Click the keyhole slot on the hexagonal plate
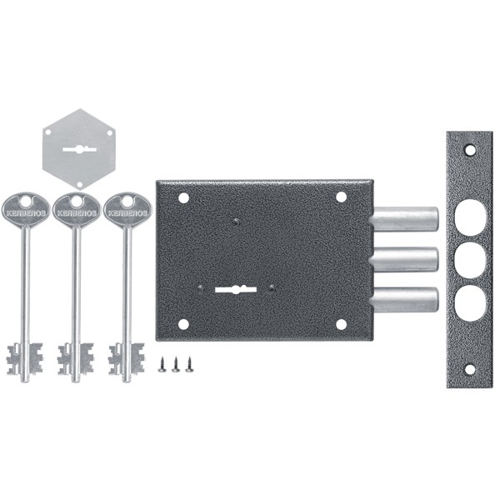click(79, 149)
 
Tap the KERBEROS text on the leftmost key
click(26, 213)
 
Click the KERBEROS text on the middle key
click(77, 213)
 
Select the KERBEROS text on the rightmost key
click(127, 213)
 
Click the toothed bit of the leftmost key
click(25, 358)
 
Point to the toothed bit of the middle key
click(76, 358)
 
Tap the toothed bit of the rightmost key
click(127, 358)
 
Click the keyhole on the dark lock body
click(236, 289)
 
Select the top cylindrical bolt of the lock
click(403, 219)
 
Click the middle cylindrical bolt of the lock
click(403, 259)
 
